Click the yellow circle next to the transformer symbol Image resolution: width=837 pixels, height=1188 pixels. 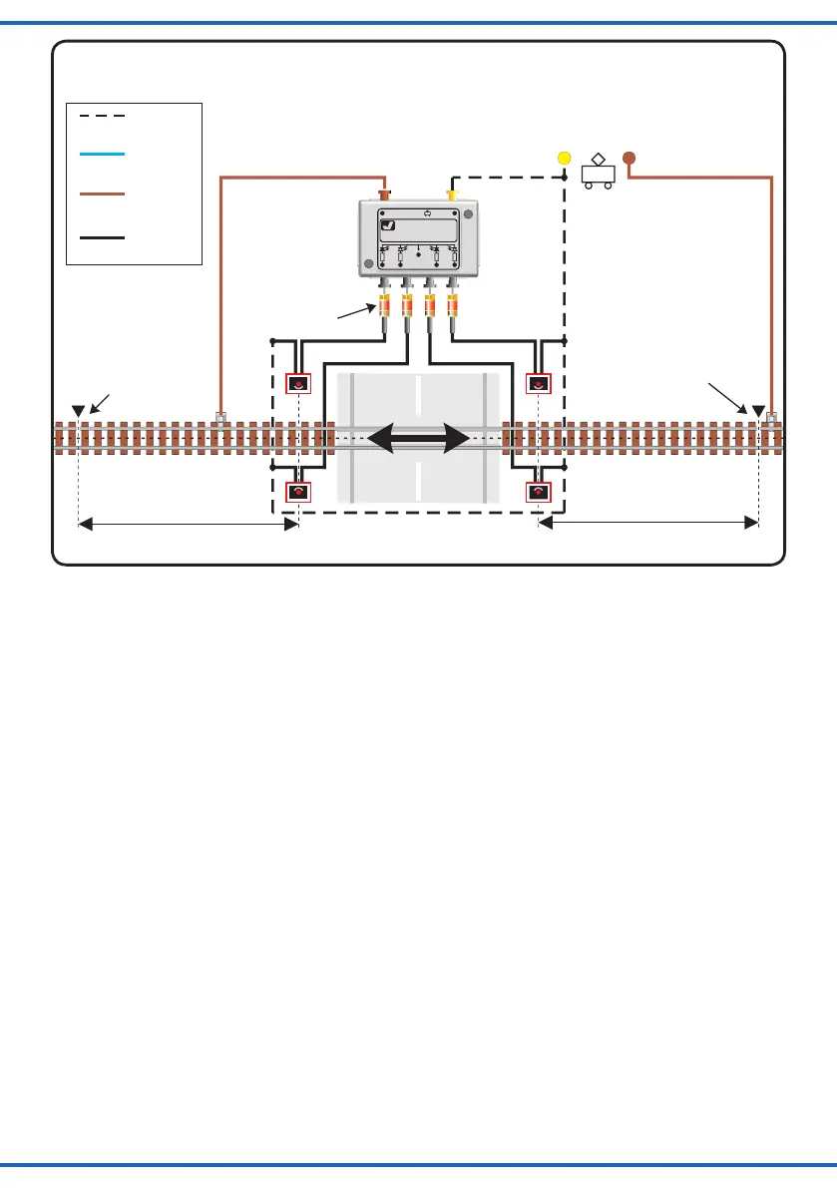pyautogui.click(x=564, y=158)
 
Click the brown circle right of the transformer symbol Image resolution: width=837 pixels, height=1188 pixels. pyautogui.click(x=628, y=158)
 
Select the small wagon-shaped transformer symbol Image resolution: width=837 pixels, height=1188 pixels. pyautogui.click(x=597, y=173)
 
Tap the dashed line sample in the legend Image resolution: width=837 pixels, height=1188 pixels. pyautogui.click(x=102, y=116)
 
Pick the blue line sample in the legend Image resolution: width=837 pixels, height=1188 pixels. pyautogui.click(x=102, y=155)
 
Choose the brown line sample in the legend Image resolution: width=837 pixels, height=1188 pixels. pyautogui.click(x=102, y=194)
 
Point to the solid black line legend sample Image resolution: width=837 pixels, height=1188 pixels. pyautogui.click(x=102, y=237)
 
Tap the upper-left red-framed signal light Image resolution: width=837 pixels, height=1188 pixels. pyautogui.click(x=298, y=383)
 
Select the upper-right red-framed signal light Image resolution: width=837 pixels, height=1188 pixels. pyautogui.click(x=539, y=383)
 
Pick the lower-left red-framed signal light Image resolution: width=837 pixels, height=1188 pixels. pyautogui.click(x=298, y=492)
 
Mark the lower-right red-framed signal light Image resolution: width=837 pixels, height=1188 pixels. pyautogui.click(x=539, y=492)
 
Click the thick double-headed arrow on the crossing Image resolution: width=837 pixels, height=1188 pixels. pyautogui.click(x=419, y=438)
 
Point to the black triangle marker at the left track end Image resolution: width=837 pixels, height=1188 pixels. pyautogui.click(x=78, y=411)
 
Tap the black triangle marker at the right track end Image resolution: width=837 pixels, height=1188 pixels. pyautogui.click(x=758, y=411)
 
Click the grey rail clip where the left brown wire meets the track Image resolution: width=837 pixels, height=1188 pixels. pyautogui.click(x=220, y=417)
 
